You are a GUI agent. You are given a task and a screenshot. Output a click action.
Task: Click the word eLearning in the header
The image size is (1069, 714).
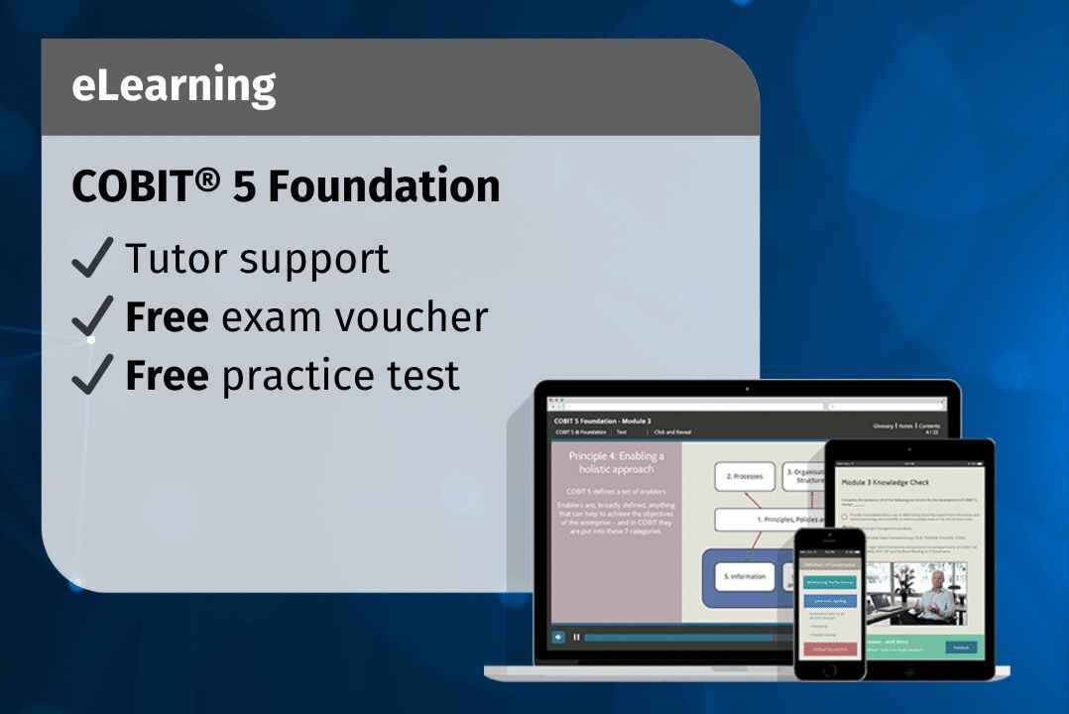[x=174, y=87]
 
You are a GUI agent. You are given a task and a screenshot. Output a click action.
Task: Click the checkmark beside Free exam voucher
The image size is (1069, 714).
[x=93, y=316]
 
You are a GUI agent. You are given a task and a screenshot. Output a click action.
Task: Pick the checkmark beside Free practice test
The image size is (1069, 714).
[x=93, y=375]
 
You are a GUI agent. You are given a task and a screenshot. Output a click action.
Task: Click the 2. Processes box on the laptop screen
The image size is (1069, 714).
[x=744, y=476]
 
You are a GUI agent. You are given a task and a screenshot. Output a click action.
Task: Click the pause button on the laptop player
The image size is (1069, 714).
[x=576, y=637]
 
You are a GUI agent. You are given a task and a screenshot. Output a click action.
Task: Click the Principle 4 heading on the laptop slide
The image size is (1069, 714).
[x=616, y=463]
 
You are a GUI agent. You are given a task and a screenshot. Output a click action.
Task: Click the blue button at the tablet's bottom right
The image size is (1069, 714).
[x=958, y=648]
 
